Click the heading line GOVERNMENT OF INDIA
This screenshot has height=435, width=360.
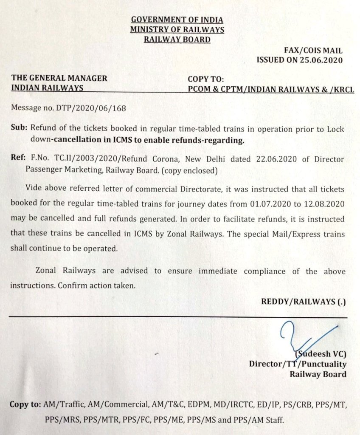pos(177,20)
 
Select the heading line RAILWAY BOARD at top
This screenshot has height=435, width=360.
pos(177,40)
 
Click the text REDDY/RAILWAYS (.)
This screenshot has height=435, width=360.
pos(304,302)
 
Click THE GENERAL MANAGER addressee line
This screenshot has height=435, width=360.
pos(59,79)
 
